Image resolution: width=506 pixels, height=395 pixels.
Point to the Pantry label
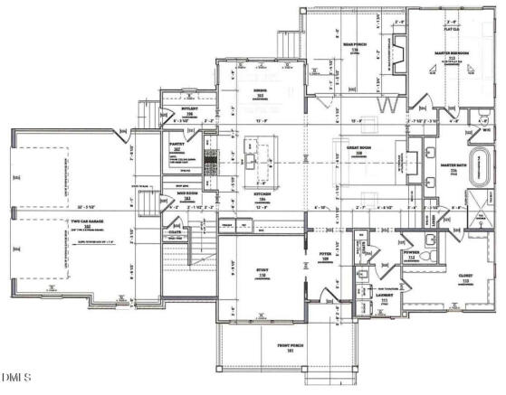177,145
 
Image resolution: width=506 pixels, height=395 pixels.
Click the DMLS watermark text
16,376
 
